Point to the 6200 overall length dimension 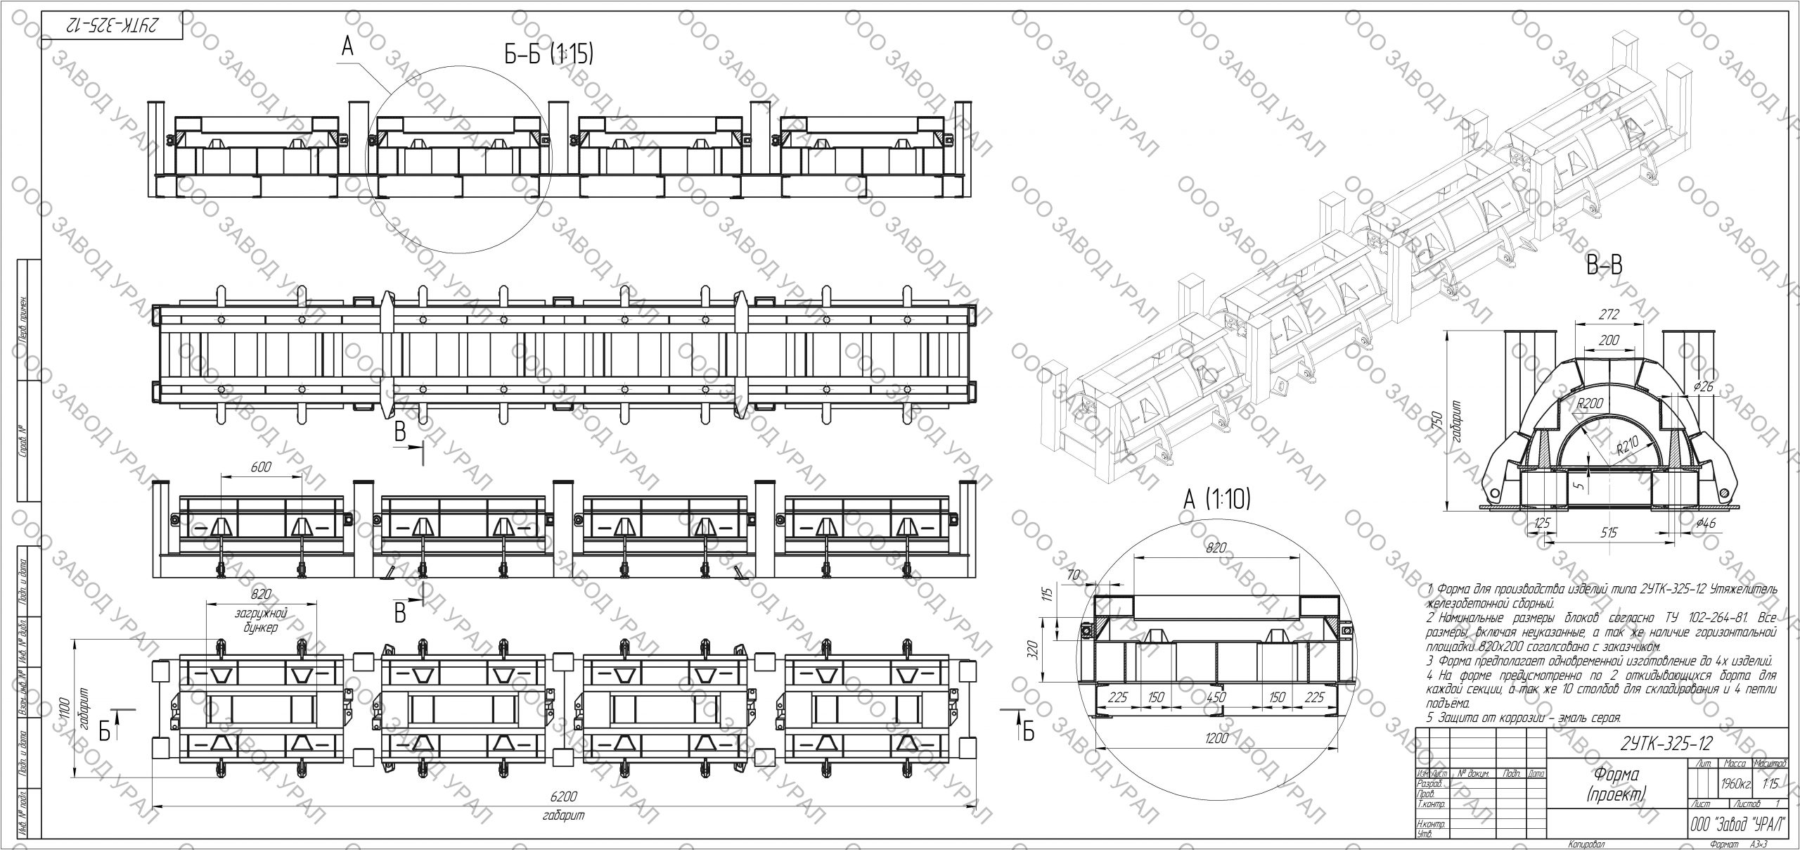point(564,797)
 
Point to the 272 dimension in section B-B point(1609,315)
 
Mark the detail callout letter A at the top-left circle point(347,46)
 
